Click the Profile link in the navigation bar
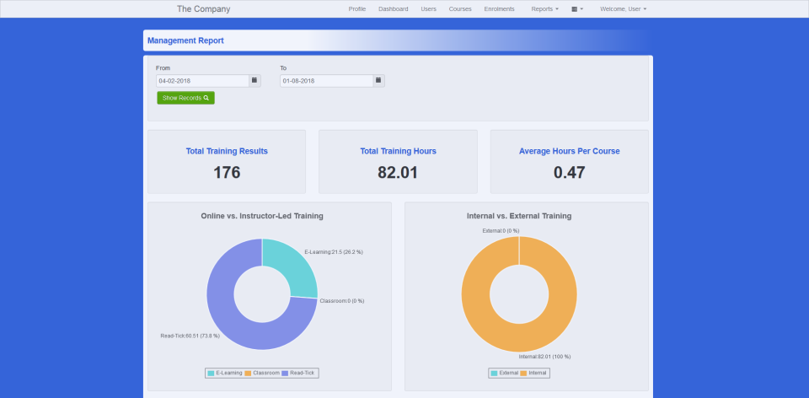tap(356, 9)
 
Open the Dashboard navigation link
tap(393, 9)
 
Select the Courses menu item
tap(460, 9)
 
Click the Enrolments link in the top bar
tap(499, 9)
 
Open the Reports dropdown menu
tap(544, 9)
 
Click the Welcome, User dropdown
tap(623, 9)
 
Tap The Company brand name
tap(203, 9)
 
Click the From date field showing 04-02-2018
tap(202, 81)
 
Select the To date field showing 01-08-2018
tap(326, 81)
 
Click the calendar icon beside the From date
tap(254, 81)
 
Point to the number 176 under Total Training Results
tap(227, 173)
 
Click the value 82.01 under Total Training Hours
tap(398, 173)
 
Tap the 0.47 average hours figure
tap(569, 173)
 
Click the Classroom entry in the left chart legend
tap(262, 372)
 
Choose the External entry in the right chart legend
tap(505, 372)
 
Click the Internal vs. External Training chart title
tap(518, 216)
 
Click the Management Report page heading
tap(185, 40)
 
